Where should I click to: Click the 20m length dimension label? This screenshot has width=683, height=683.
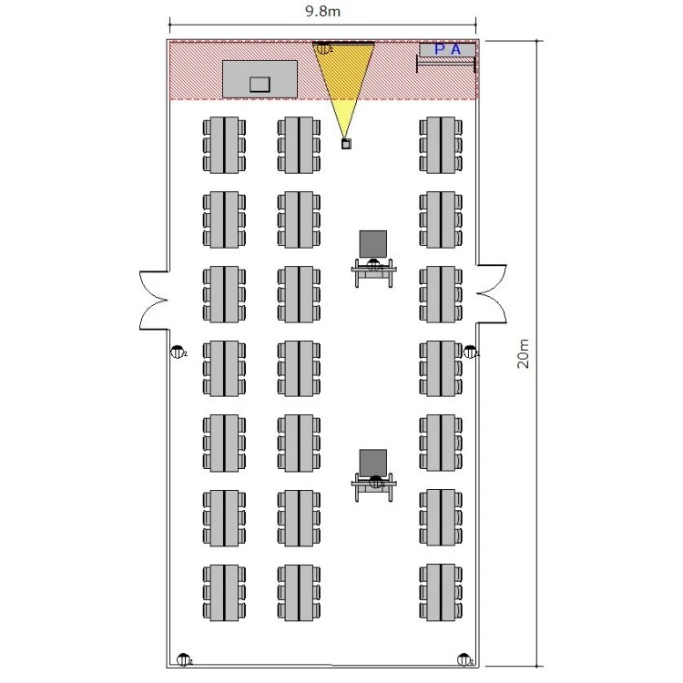(x=522, y=352)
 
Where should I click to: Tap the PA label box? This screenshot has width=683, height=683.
(x=446, y=50)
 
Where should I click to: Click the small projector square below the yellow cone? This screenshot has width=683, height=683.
(x=346, y=143)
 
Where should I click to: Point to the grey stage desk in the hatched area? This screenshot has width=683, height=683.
(x=260, y=78)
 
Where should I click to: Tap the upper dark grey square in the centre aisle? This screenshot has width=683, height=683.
(x=372, y=243)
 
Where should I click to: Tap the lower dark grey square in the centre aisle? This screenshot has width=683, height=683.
(x=372, y=463)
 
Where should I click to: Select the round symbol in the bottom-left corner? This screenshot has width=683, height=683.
(x=184, y=659)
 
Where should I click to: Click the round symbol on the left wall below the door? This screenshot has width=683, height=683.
(x=178, y=352)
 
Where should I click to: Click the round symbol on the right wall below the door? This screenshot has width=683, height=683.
(x=470, y=351)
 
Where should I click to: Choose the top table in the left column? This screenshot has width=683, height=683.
(x=224, y=145)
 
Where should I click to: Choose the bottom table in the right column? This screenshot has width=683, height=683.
(x=441, y=592)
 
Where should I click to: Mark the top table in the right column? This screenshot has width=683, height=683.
(x=441, y=145)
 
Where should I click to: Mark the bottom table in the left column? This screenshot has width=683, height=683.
(x=224, y=592)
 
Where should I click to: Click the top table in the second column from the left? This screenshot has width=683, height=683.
(x=299, y=145)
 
